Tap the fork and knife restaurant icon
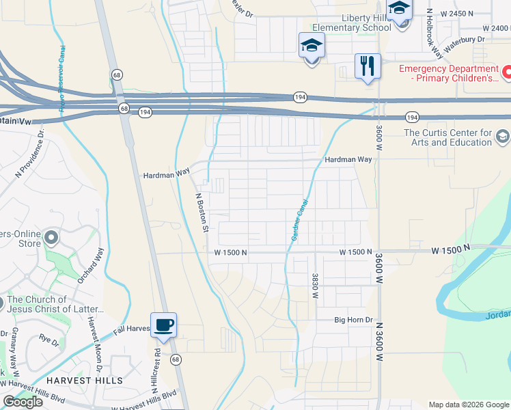coord(368,66)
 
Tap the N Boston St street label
coord(201,213)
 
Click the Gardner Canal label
coord(300,220)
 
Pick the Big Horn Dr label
coord(353,320)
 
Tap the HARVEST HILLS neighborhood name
coord(85,380)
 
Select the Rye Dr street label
coord(49,338)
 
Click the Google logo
coord(23,402)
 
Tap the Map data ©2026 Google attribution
coord(469,405)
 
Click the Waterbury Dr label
coord(464,40)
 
